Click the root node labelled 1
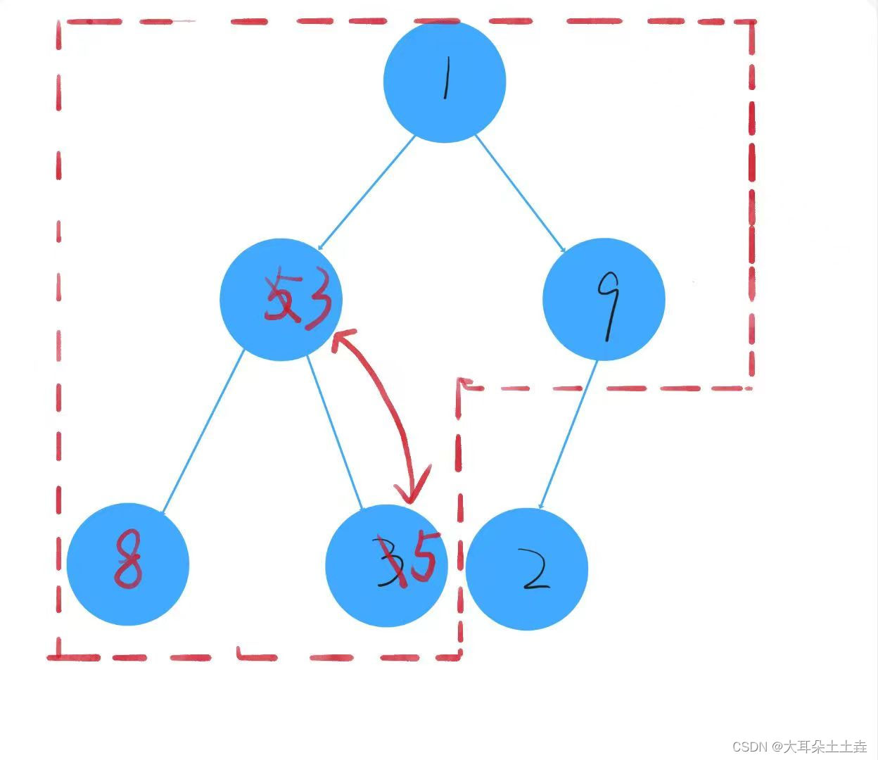[445, 82]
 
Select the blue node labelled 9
[604, 299]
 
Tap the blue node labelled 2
[526, 569]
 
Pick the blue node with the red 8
[128, 564]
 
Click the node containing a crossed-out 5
[281, 300]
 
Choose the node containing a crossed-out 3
[386, 565]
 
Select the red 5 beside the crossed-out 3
[424, 556]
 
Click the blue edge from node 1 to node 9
[520, 193]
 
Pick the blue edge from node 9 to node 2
[569, 433]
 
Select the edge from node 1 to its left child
[366, 193]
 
